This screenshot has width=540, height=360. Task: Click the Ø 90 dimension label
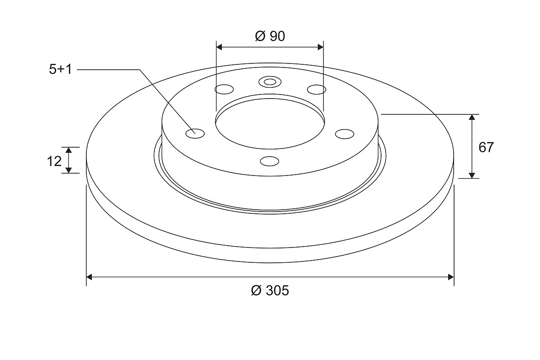click(x=270, y=36)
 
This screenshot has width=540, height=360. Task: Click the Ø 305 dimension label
click(x=270, y=291)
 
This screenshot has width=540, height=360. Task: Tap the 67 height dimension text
click(x=486, y=147)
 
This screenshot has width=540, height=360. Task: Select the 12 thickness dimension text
click(x=54, y=161)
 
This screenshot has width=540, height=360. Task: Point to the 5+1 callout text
click(x=60, y=69)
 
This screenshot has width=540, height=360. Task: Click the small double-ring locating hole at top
click(x=270, y=82)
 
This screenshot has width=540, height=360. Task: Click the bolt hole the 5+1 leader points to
click(x=195, y=133)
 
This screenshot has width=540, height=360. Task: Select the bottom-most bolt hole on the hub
click(x=270, y=161)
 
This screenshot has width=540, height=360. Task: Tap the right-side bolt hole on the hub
click(x=345, y=134)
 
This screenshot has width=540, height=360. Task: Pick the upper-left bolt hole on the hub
click(x=224, y=89)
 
